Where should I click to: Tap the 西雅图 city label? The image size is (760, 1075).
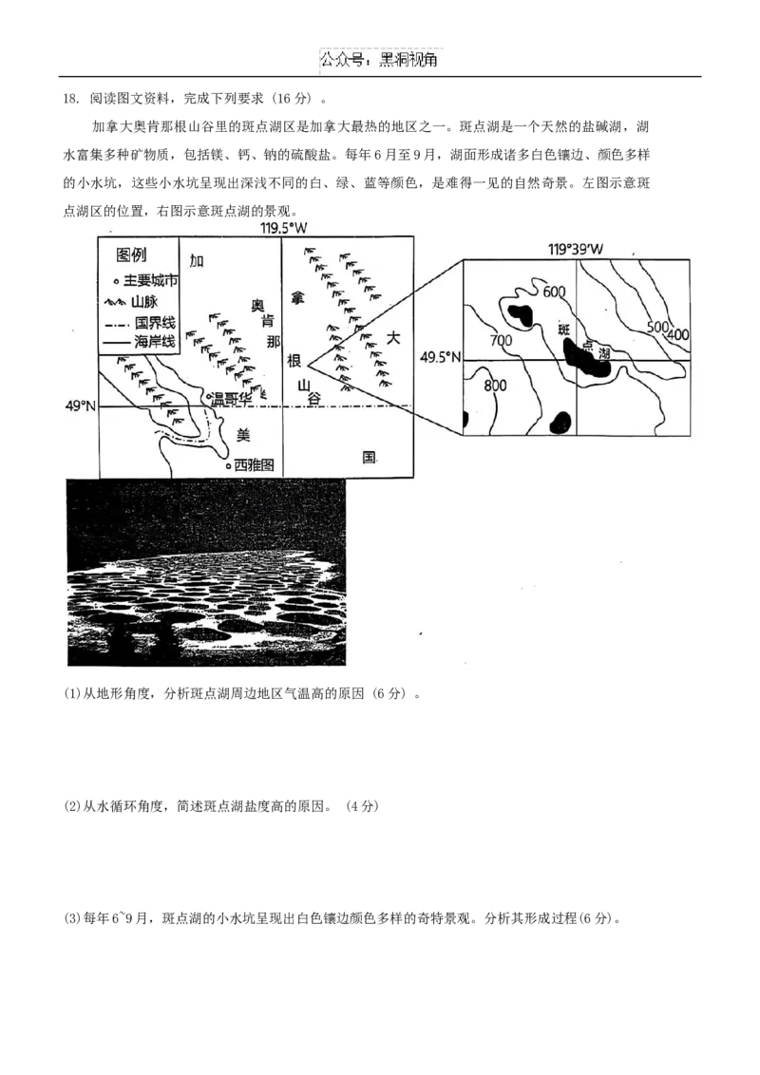(254, 464)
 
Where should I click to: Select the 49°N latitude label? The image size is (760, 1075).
(81, 406)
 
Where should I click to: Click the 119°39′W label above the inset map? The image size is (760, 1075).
(576, 250)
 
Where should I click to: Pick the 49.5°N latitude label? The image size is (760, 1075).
(441, 357)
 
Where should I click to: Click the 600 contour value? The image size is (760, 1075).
(554, 292)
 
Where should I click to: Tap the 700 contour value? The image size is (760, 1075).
(502, 339)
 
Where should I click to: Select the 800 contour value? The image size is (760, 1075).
(495, 386)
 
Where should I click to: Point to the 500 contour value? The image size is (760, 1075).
(657, 327)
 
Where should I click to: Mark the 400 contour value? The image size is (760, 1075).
(678, 334)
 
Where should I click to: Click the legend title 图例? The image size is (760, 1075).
(131, 255)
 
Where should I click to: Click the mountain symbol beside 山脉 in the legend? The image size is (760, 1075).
(115, 302)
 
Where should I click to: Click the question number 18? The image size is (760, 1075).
(70, 99)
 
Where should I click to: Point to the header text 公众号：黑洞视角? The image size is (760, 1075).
(379, 61)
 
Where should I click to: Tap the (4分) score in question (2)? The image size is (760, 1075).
(362, 806)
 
